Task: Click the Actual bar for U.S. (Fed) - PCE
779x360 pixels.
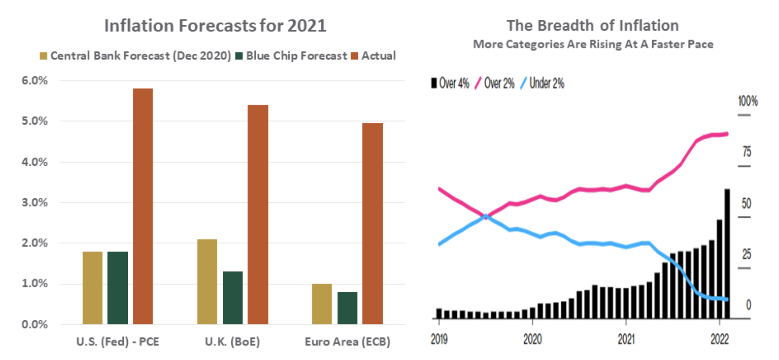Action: (x=143, y=206)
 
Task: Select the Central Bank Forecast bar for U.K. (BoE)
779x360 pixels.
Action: (x=207, y=282)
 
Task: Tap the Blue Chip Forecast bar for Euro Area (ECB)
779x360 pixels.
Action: (x=347, y=308)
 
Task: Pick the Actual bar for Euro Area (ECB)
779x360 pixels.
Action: (x=373, y=224)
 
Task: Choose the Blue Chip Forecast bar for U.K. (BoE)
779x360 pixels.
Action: (x=233, y=298)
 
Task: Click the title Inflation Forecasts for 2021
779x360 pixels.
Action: (x=215, y=26)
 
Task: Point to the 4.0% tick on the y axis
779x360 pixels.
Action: (x=35, y=162)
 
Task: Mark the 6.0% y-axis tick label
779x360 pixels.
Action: (x=35, y=81)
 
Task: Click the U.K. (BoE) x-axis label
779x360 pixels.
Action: (x=232, y=342)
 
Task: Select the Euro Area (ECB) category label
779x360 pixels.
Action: (x=347, y=342)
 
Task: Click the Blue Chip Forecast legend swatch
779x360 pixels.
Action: (x=239, y=56)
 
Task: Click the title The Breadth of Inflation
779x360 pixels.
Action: (x=592, y=26)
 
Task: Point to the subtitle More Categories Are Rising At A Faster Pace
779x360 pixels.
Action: (x=593, y=44)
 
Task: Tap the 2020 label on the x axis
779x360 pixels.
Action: (x=532, y=339)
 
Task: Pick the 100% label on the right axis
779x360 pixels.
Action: (x=747, y=101)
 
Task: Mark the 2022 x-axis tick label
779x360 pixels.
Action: (x=719, y=339)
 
